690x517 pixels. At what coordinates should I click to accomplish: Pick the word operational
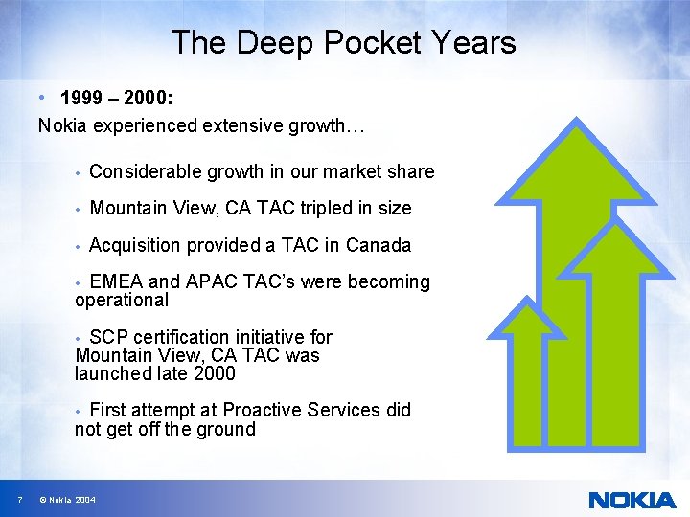tap(122, 300)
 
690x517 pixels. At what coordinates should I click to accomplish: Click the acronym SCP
tap(108, 337)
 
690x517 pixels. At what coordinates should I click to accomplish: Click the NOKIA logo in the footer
tap(632, 500)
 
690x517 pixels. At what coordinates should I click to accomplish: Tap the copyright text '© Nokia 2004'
tap(66, 500)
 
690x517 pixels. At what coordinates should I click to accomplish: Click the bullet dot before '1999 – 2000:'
tap(44, 98)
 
